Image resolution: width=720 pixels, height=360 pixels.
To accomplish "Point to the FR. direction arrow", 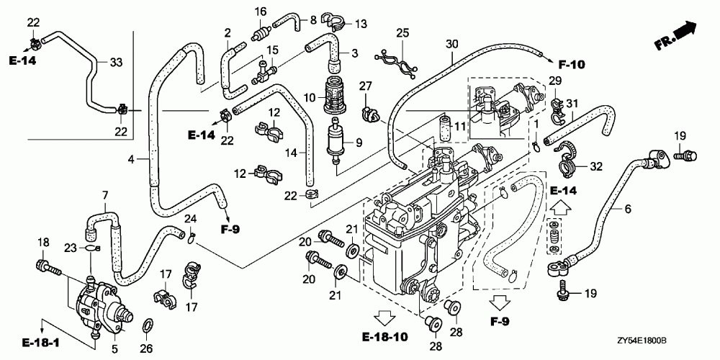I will pyautogui.click(x=678, y=35).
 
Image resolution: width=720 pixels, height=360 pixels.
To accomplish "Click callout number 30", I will pyautogui.click(x=451, y=44).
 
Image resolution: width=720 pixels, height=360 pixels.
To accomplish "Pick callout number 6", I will pyautogui.click(x=627, y=209).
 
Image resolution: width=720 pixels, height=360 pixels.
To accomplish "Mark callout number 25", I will pyautogui.click(x=402, y=32).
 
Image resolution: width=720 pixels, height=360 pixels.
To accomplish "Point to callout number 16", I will pyautogui.click(x=260, y=11).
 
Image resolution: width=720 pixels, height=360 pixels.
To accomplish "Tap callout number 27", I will pyautogui.click(x=366, y=86).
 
